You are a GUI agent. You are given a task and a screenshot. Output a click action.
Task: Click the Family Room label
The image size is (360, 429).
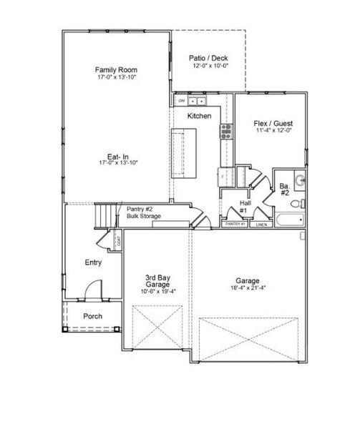117,70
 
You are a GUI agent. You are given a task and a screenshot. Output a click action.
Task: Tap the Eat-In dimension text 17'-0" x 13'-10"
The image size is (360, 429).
117,162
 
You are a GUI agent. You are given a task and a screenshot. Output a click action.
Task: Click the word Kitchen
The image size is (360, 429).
199,115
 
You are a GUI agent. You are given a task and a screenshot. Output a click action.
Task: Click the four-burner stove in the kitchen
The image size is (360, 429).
226,129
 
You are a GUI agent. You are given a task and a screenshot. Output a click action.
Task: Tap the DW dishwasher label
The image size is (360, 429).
181,101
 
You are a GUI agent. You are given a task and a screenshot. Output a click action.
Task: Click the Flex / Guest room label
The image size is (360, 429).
274,123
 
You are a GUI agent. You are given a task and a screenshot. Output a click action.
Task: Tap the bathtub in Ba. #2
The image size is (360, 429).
288,220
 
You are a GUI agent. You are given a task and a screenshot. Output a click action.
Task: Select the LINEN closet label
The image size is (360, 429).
261,225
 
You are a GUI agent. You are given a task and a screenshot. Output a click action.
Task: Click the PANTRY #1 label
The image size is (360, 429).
235,225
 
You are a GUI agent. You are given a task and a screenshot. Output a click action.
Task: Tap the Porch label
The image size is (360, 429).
92,316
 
